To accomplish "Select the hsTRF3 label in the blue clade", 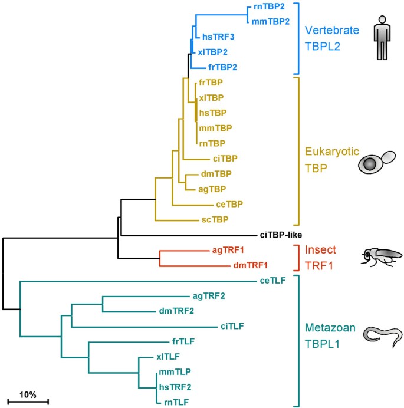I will click(218, 37).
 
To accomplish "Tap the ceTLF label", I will click(274, 280).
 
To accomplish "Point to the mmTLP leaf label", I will click(175, 372).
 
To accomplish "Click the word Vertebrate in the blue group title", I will click(331, 29).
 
